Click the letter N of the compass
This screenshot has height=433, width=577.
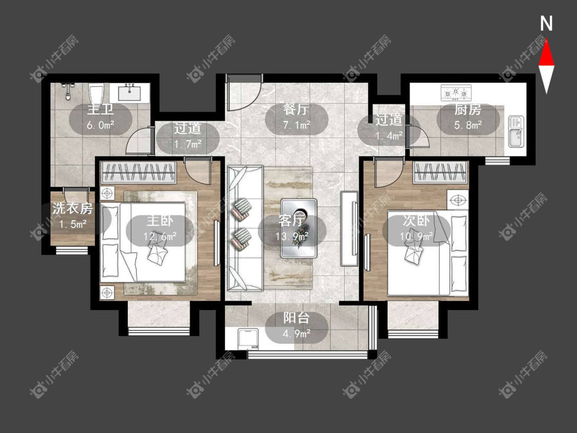pos(546,24)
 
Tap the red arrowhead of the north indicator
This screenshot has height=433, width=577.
pos(546,53)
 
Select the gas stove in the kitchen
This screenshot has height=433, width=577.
pos(456,92)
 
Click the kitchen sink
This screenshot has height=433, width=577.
pos(516,131)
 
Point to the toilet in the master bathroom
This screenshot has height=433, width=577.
pos(97,94)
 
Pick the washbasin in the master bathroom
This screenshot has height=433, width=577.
pos(130,91)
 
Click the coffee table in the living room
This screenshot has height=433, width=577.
pos(299,228)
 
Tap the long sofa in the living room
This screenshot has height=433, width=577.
pos(245,228)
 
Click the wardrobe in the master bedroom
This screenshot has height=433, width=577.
pos(138,172)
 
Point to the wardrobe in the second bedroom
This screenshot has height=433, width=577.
pos(441,172)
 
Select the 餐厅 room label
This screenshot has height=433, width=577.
pos(296,109)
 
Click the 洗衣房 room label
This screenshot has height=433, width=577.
pos(72,208)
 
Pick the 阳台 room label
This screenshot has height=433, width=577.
pos(296,318)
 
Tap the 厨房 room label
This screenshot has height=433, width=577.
pos(468,109)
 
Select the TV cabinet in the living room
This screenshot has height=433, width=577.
pos(349,228)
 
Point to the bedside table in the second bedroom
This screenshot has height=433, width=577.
pos(458,200)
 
